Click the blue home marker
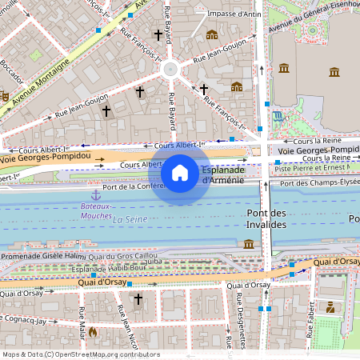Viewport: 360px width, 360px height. click(x=180, y=172)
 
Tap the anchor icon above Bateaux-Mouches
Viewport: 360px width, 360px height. click(x=96, y=194)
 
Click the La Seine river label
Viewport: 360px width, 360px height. click(x=129, y=218)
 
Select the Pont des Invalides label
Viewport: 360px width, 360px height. click(x=266, y=219)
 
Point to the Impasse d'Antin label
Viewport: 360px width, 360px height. click(x=234, y=14)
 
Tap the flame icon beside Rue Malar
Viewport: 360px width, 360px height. click(x=93, y=330)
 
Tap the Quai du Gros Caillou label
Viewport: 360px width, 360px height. click(x=122, y=256)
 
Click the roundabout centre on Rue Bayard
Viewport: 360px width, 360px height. click(x=170, y=69)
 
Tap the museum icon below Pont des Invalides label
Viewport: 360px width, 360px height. click(x=249, y=243)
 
